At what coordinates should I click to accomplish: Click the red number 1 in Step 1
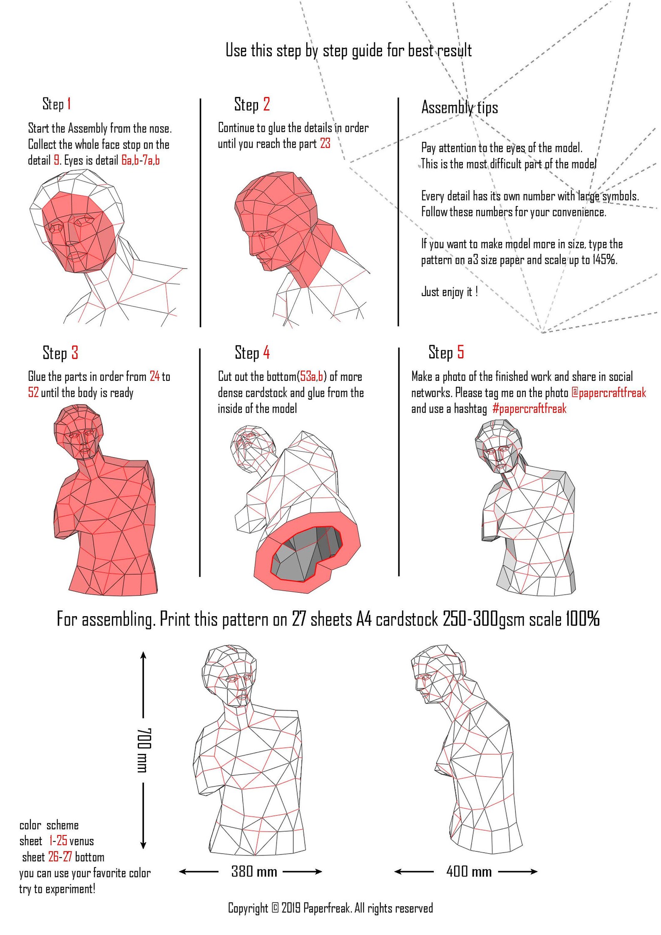(69, 104)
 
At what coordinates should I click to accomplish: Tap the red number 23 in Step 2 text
(325, 144)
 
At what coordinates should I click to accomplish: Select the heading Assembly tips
(460, 107)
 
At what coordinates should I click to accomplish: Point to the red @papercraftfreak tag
(609, 393)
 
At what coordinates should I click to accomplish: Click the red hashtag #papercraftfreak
(529, 408)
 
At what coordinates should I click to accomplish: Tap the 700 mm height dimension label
(144, 750)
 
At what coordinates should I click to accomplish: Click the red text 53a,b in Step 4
(311, 377)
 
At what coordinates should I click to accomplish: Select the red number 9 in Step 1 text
(57, 160)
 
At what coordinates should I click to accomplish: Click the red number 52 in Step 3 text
(33, 393)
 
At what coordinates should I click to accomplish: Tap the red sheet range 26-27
(60, 857)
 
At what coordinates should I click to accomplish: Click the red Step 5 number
(460, 352)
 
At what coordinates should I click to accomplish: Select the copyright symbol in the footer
(275, 908)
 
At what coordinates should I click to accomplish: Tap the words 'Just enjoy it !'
(450, 291)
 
